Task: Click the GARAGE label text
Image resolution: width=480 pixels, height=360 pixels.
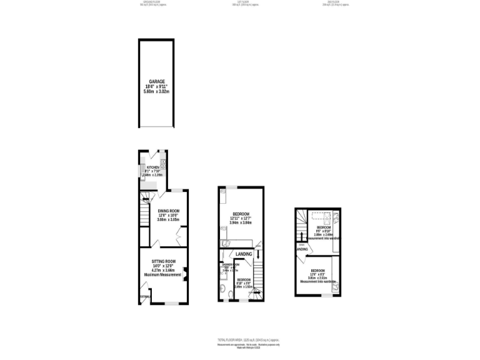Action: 156,81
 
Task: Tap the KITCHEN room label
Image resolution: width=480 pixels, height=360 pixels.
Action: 153,167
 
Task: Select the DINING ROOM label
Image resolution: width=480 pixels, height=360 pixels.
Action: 168,211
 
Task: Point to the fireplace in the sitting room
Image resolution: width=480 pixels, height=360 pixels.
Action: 185,271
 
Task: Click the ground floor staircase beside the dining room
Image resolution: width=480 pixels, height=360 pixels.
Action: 145,216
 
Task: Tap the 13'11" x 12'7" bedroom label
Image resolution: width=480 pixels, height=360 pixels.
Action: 241,214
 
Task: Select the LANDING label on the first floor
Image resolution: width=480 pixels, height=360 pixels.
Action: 244,254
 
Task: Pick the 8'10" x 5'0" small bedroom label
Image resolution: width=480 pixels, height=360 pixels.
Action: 243,280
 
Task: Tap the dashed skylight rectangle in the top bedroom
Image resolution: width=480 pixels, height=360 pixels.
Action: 322,218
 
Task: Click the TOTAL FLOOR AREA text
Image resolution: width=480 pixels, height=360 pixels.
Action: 240,340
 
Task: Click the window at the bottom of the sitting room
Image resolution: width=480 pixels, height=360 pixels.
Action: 167,304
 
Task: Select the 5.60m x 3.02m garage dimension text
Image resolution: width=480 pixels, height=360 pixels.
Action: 156,92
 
